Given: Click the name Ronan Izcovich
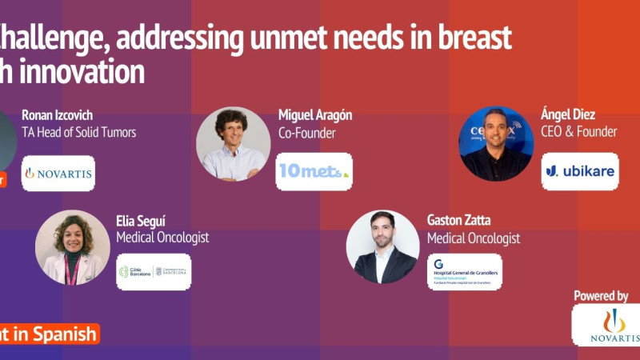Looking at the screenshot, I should point(56,115).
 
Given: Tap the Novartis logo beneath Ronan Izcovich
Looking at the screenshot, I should point(58,173).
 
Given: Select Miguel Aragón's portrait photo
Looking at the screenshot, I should point(233,144).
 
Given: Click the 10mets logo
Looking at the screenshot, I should point(314,171).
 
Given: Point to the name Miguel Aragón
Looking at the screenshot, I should point(315,115).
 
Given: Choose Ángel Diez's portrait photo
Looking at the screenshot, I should point(495,144).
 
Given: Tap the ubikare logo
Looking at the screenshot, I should point(579,171).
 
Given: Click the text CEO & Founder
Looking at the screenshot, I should point(579,132).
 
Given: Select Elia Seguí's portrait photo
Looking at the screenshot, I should point(72,247).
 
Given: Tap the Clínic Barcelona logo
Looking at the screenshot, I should point(154,271).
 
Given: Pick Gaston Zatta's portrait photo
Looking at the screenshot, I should point(382,247).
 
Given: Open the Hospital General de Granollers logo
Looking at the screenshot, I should point(464,271).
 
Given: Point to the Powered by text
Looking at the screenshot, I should point(601,296).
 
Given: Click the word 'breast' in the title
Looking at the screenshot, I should point(474,38).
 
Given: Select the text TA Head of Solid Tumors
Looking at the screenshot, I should point(78,132).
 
